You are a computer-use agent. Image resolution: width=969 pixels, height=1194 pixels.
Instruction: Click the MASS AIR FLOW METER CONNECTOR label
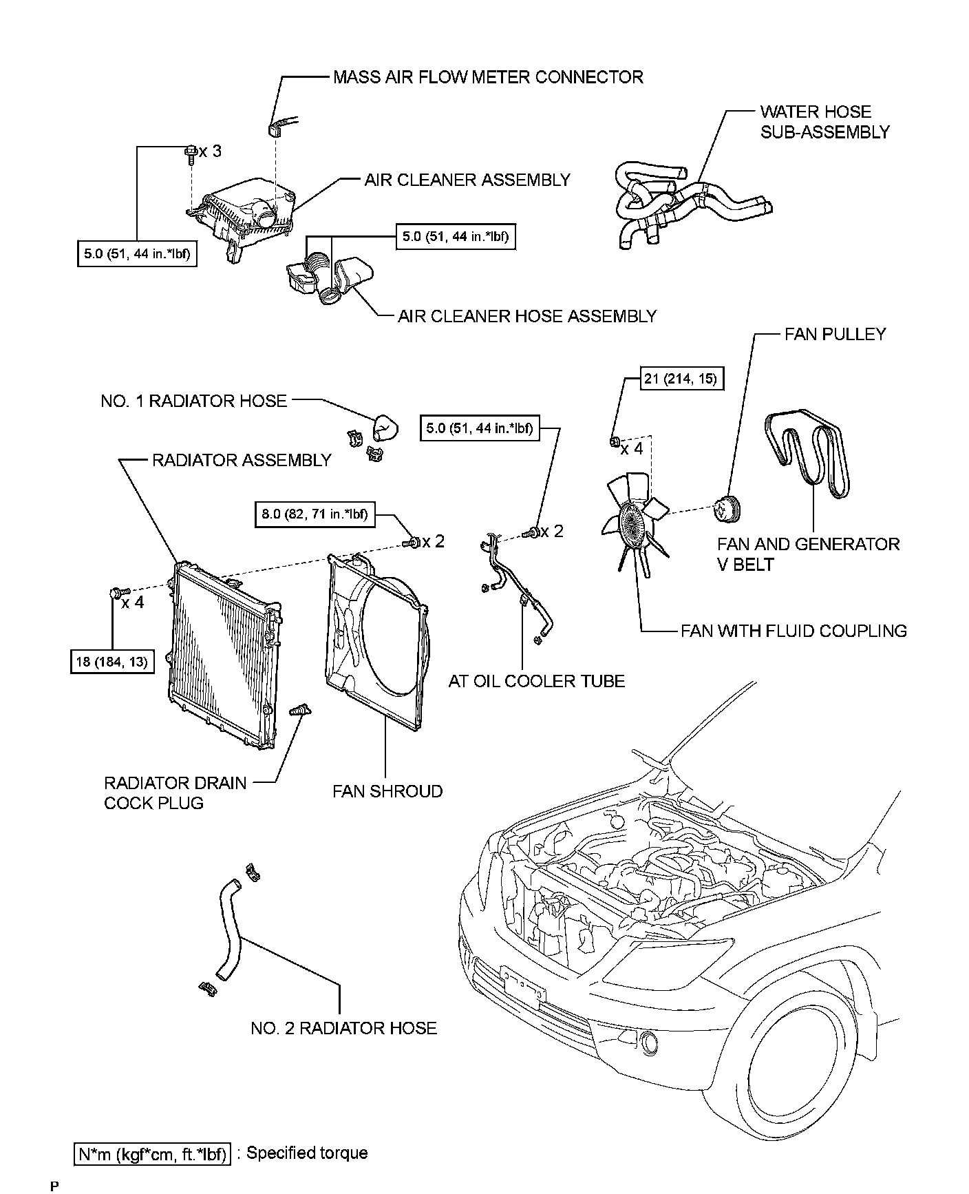coord(488,76)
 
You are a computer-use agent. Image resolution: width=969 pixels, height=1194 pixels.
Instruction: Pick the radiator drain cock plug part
coord(301,711)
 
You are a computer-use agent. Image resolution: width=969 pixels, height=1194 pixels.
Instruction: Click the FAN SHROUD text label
coord(387,791)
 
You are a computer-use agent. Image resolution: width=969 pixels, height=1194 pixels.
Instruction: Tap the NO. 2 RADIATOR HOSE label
coord(343,1028)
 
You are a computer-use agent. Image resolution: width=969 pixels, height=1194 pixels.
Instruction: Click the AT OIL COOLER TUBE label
coord(537,681)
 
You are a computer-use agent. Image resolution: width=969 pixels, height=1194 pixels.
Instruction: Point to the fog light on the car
coord(650,1043)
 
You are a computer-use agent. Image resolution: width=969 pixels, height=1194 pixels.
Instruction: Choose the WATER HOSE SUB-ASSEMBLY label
coord(824,122)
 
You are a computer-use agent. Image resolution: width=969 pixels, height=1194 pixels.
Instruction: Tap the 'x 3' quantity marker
coord(210,151)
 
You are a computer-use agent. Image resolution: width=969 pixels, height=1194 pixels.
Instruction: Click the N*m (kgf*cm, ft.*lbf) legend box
coord(151,1154)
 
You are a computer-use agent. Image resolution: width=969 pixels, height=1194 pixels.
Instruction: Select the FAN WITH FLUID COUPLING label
coord(794,631)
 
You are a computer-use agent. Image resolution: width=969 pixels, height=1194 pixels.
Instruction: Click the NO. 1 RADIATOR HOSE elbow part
coord(384,430)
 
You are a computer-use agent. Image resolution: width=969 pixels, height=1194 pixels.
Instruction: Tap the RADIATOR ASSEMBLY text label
coord(242,460)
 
